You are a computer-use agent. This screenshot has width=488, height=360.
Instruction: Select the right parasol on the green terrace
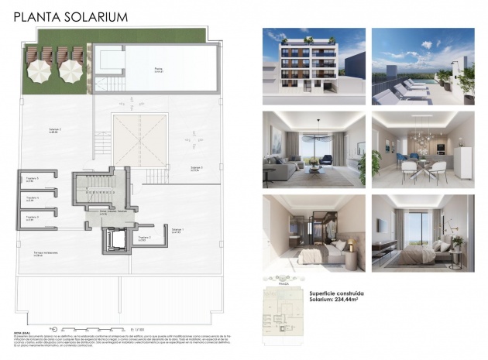tap(70, 70)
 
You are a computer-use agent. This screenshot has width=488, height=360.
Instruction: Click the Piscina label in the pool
tap(159, 70)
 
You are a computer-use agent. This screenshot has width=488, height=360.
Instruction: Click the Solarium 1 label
tap(177, 230)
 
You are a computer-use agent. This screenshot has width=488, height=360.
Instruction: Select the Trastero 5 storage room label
tap(32, 180)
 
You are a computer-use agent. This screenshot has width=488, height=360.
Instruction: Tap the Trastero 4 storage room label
tap(32, 198)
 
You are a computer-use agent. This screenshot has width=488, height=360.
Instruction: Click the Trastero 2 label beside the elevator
tap(144, 238)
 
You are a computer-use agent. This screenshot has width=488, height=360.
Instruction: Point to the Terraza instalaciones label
tap(46, 254)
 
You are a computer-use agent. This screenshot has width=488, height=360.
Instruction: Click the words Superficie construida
tap(336, 294)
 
